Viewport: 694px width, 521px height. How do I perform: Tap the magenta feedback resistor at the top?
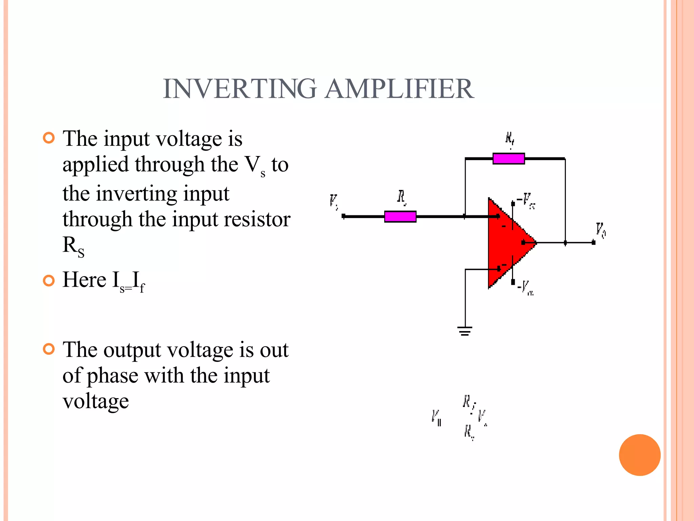(x=509, y=159)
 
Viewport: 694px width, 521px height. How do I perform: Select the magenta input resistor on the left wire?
(x=400, y=216)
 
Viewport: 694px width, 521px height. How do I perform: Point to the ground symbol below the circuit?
(x=465, y=331)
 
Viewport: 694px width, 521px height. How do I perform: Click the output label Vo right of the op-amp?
(x=601, y=231)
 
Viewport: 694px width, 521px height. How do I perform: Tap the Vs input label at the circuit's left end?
(x=334, y=202)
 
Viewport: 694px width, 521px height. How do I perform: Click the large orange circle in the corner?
(x=639, y=455)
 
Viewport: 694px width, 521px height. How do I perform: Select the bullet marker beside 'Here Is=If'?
(x=49, y=281)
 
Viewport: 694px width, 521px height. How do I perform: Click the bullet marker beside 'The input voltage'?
(x=49, y=138)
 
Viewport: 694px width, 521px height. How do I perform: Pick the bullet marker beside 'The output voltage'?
(x=49, y=349)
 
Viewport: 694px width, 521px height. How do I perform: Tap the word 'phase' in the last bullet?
(x=113, y=376)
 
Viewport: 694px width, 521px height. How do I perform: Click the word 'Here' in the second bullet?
(x=84, y=280)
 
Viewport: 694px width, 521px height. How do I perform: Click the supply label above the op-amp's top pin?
(x=527, y=200)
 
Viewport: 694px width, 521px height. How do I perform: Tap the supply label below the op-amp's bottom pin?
(x=526, y=288)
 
